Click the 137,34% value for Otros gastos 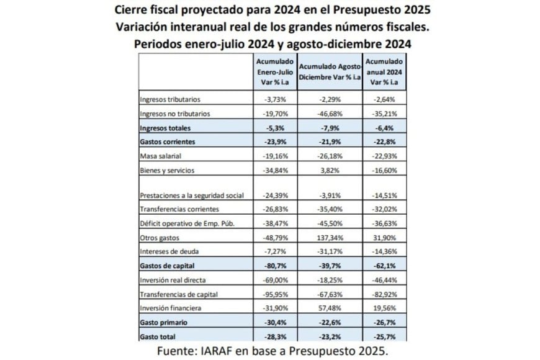(x=329, y=237)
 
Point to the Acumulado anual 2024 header (x=384, y=72)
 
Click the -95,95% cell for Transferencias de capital (x=274, y=293)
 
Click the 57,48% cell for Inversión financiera (x=329, y=307)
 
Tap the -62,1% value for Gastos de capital (x=384, y=265)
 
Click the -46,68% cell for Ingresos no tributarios (x=329, y=114)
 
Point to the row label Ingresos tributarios (x=171, y=100)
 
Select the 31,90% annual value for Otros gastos (x=384, y=237)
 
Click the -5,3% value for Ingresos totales (x=274, y=128)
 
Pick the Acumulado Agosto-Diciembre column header (x=329, y=72)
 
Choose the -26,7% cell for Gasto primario (x=384, y=322)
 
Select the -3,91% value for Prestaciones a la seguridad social (x=329, y=195)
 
